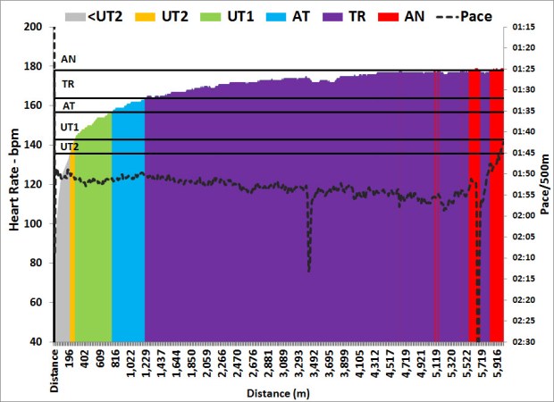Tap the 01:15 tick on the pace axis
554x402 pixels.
coord(525,27)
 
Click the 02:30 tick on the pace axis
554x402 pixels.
coord(525,341)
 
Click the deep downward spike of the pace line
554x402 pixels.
coord(309,268)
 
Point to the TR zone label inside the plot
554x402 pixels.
coord(68,84)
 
